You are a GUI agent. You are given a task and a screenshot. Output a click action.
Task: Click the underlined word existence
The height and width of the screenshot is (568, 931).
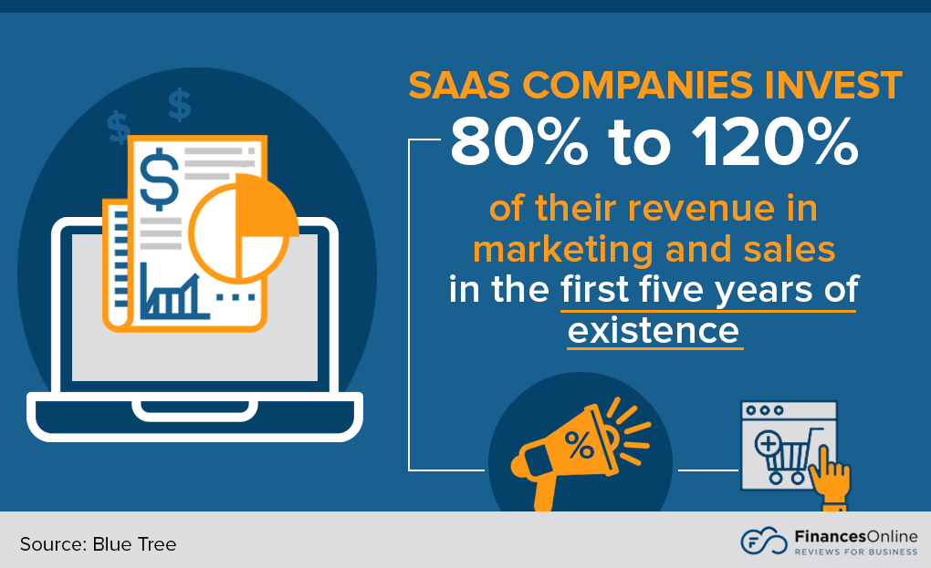pos(654,329)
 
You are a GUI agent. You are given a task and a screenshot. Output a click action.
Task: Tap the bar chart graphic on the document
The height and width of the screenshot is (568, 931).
pos(173,293)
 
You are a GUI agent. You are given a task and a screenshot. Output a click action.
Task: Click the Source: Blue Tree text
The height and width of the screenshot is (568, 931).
pos(98,544)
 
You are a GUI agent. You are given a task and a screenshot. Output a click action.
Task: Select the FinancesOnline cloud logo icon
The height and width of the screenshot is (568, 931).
pos(763,540)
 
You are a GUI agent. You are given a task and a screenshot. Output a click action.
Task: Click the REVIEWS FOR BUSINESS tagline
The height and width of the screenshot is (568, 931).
pos(854,551)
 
